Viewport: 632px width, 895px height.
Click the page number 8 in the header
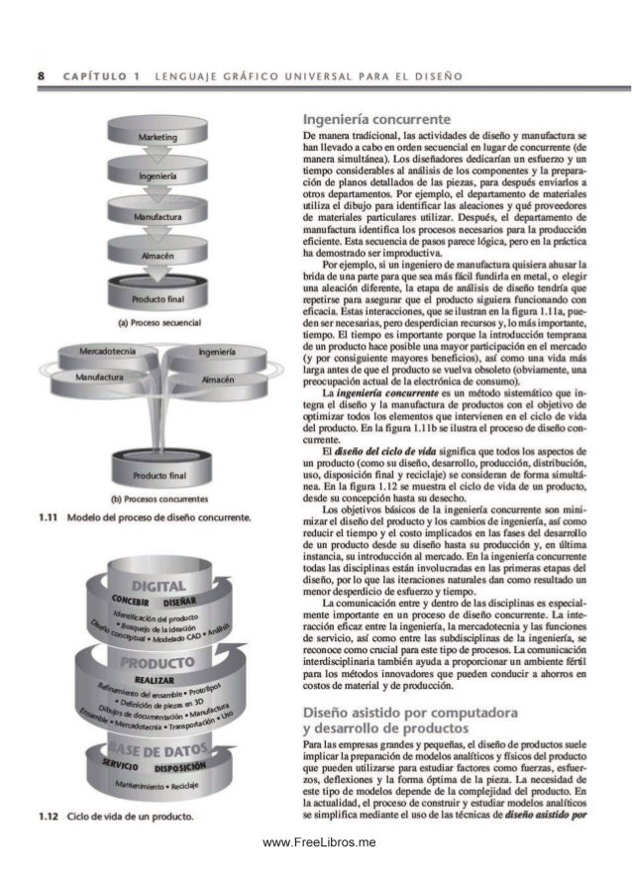40,75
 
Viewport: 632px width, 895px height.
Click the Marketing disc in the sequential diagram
158,137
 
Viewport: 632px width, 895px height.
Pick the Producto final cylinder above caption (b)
158,474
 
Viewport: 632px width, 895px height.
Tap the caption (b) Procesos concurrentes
158,499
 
